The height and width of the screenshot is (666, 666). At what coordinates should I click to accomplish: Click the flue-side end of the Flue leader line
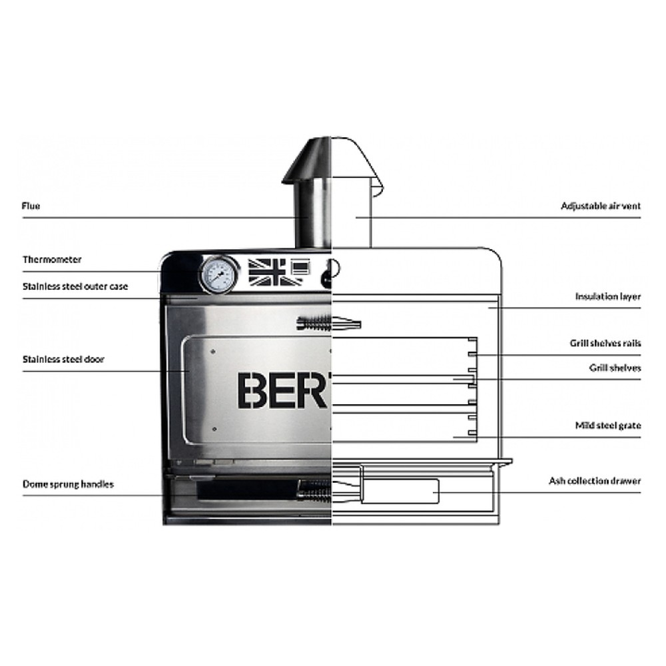click(308, 218)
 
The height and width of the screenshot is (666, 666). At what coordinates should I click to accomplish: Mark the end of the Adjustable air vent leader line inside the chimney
click(356, 218)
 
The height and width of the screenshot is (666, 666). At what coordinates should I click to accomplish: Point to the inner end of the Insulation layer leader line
click(488, 308)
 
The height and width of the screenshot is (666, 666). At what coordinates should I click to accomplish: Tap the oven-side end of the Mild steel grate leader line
click(453, 437)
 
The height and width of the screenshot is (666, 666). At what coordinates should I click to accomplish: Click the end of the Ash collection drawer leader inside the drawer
click(434, 493)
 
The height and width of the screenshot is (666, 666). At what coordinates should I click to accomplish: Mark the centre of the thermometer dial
click(218, 274)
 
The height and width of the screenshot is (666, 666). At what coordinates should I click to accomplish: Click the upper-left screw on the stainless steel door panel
click(213, 352)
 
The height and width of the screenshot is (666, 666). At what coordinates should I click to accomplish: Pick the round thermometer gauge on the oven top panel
click(218, 274)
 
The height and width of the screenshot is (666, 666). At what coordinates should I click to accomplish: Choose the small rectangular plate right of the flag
click(301, 268)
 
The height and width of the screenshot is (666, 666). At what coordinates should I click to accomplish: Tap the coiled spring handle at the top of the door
click(329, 324)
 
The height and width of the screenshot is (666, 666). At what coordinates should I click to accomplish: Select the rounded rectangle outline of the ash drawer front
click(400, 492)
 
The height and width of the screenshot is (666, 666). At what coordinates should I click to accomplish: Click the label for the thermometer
click(52, 260)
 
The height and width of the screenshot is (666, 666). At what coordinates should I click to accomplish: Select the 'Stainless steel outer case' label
click(75, 286)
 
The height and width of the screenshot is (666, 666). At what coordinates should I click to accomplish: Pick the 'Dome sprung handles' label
click(68, 484)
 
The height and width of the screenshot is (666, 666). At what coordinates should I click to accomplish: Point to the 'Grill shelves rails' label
click(605, 343)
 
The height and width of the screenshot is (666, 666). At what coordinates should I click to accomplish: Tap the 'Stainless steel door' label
click(63, 360)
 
